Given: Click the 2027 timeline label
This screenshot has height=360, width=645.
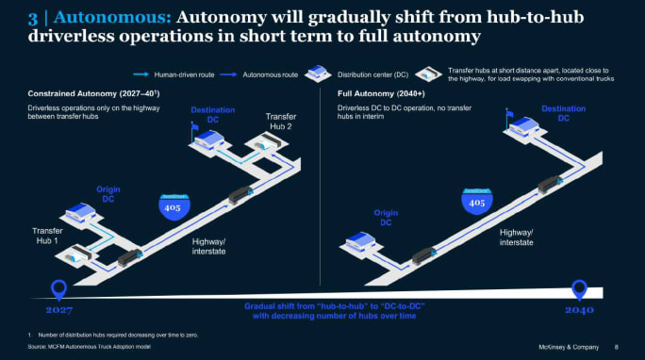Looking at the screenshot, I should tap(58, 309).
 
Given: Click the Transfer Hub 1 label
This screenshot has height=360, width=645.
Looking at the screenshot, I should tap(48, 234).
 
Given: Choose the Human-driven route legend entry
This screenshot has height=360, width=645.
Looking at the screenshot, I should tap(191, 73).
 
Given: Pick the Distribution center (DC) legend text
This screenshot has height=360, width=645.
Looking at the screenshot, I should tap(374, 73).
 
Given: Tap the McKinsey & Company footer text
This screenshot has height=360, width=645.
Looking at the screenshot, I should tap(562, 347).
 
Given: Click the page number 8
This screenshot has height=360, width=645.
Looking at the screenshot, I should tap(617, 347).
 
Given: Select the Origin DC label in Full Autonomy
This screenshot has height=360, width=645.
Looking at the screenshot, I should tap(388, 217).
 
